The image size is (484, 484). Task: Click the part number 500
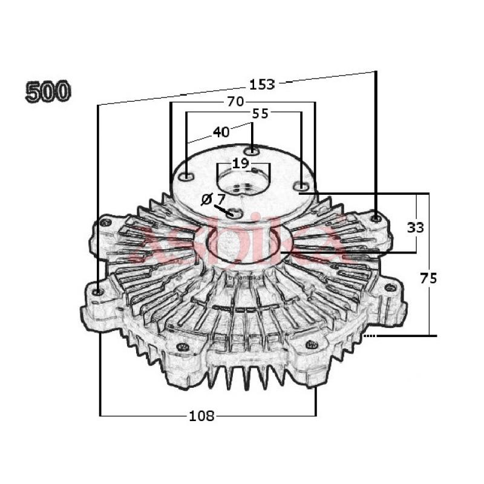[48, 91]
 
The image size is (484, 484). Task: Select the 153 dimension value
[262, 84]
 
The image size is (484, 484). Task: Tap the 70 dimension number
[235, 102]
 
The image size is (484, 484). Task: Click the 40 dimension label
[221, 132]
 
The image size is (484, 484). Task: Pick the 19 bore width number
[240, 163]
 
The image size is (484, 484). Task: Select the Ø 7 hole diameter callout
[213, 198]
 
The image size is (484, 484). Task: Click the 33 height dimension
[415, 227]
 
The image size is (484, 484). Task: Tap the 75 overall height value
[428, 278]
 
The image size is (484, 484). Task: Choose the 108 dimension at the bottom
[201, 416]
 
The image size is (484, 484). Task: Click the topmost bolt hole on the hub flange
[253, 150]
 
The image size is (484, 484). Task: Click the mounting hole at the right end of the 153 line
[376, 217]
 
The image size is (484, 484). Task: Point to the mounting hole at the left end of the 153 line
[99, 292]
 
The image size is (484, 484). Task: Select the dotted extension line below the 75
[370, 335]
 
